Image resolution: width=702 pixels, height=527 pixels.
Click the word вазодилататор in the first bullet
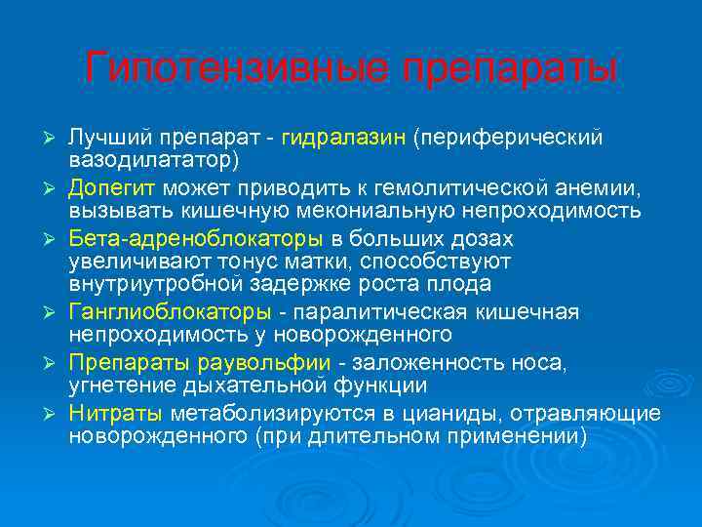(x=148, y=158)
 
